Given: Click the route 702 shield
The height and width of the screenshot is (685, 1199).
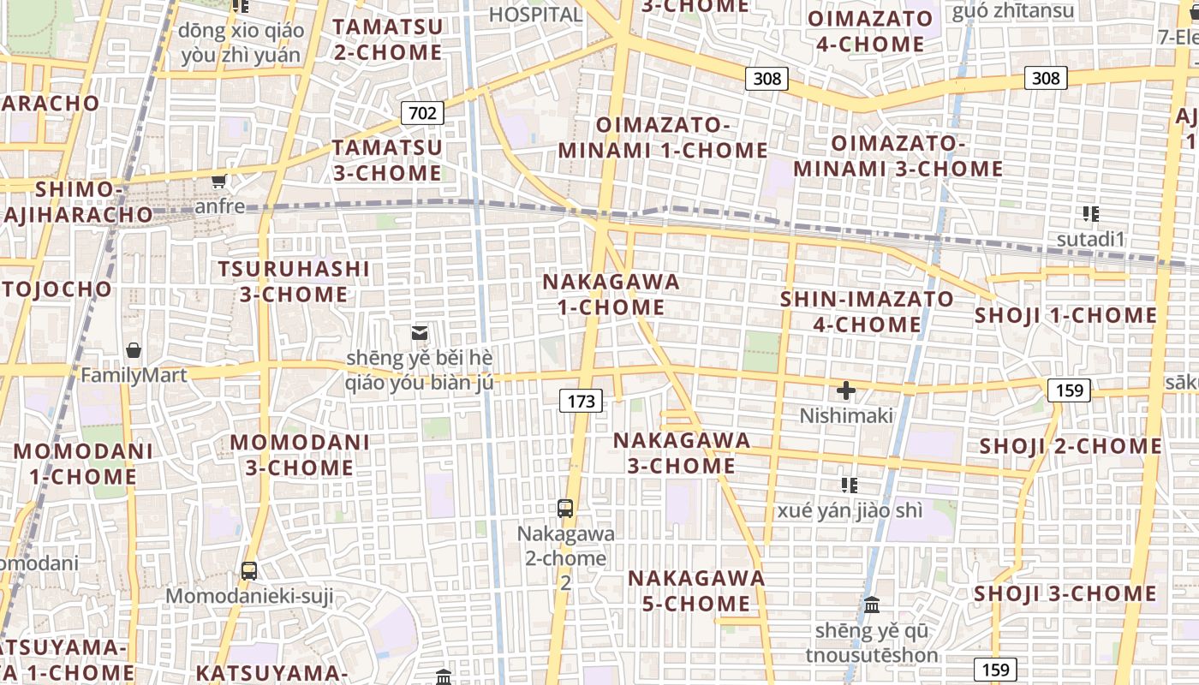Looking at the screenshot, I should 422,112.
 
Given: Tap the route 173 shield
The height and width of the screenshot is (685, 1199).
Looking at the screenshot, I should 581,400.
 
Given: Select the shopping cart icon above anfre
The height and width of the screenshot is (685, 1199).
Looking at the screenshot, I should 219,181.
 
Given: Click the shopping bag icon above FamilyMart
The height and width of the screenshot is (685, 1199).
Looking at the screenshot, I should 134,350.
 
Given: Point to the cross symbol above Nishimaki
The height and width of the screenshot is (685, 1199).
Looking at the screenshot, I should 846,391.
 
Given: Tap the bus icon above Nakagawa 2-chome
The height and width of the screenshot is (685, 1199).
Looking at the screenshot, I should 565,508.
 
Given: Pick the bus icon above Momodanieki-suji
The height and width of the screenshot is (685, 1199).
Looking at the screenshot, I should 249,570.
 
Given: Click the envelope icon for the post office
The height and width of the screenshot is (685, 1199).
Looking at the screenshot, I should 420,332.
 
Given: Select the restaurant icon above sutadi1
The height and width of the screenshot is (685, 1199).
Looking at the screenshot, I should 1090,214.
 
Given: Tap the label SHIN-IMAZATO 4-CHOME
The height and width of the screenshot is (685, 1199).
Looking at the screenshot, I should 867,312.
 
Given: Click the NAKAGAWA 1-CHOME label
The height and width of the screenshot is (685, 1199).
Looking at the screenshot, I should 611,295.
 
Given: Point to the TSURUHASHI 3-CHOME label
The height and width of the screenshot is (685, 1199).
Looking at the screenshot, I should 294,282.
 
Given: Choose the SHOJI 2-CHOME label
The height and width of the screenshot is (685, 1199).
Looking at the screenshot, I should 1071,446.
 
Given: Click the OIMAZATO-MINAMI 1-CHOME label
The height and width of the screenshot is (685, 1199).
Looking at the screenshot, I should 663,138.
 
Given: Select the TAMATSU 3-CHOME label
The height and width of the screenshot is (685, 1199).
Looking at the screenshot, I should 387,160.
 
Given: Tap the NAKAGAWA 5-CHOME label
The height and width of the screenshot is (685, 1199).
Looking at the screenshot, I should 696,591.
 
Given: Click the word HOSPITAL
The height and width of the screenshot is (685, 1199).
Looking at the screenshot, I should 535,15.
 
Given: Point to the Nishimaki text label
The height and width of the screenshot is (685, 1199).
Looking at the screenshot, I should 846,416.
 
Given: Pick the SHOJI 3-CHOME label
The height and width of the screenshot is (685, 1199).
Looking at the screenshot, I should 1065,593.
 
